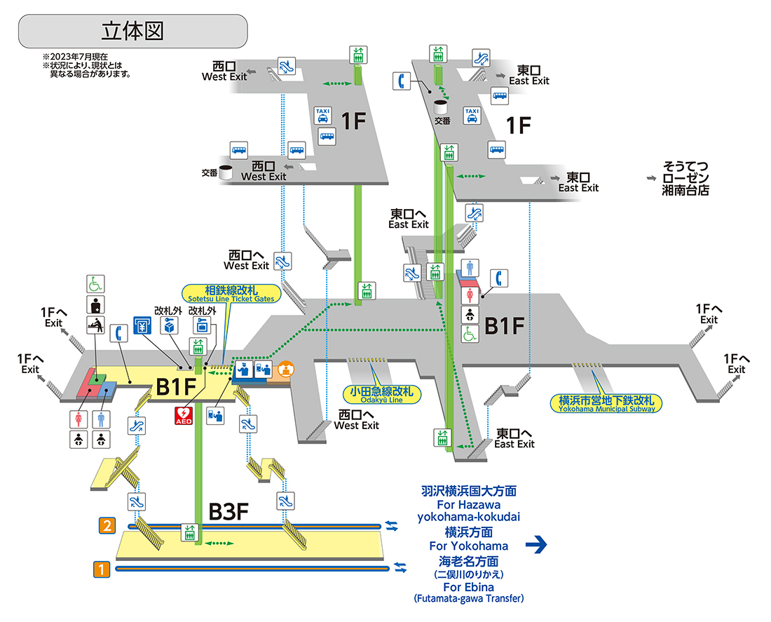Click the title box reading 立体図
tap(132, 32)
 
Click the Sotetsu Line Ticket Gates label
tap(231, 293)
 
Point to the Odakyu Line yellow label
tap(382, 394)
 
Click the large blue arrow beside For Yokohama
tap(535, 545)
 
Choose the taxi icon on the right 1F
tap(472, 115)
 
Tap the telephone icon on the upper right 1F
tap(402, 81)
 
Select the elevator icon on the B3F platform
tap(188, 532)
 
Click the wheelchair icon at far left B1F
tap(95, 284)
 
